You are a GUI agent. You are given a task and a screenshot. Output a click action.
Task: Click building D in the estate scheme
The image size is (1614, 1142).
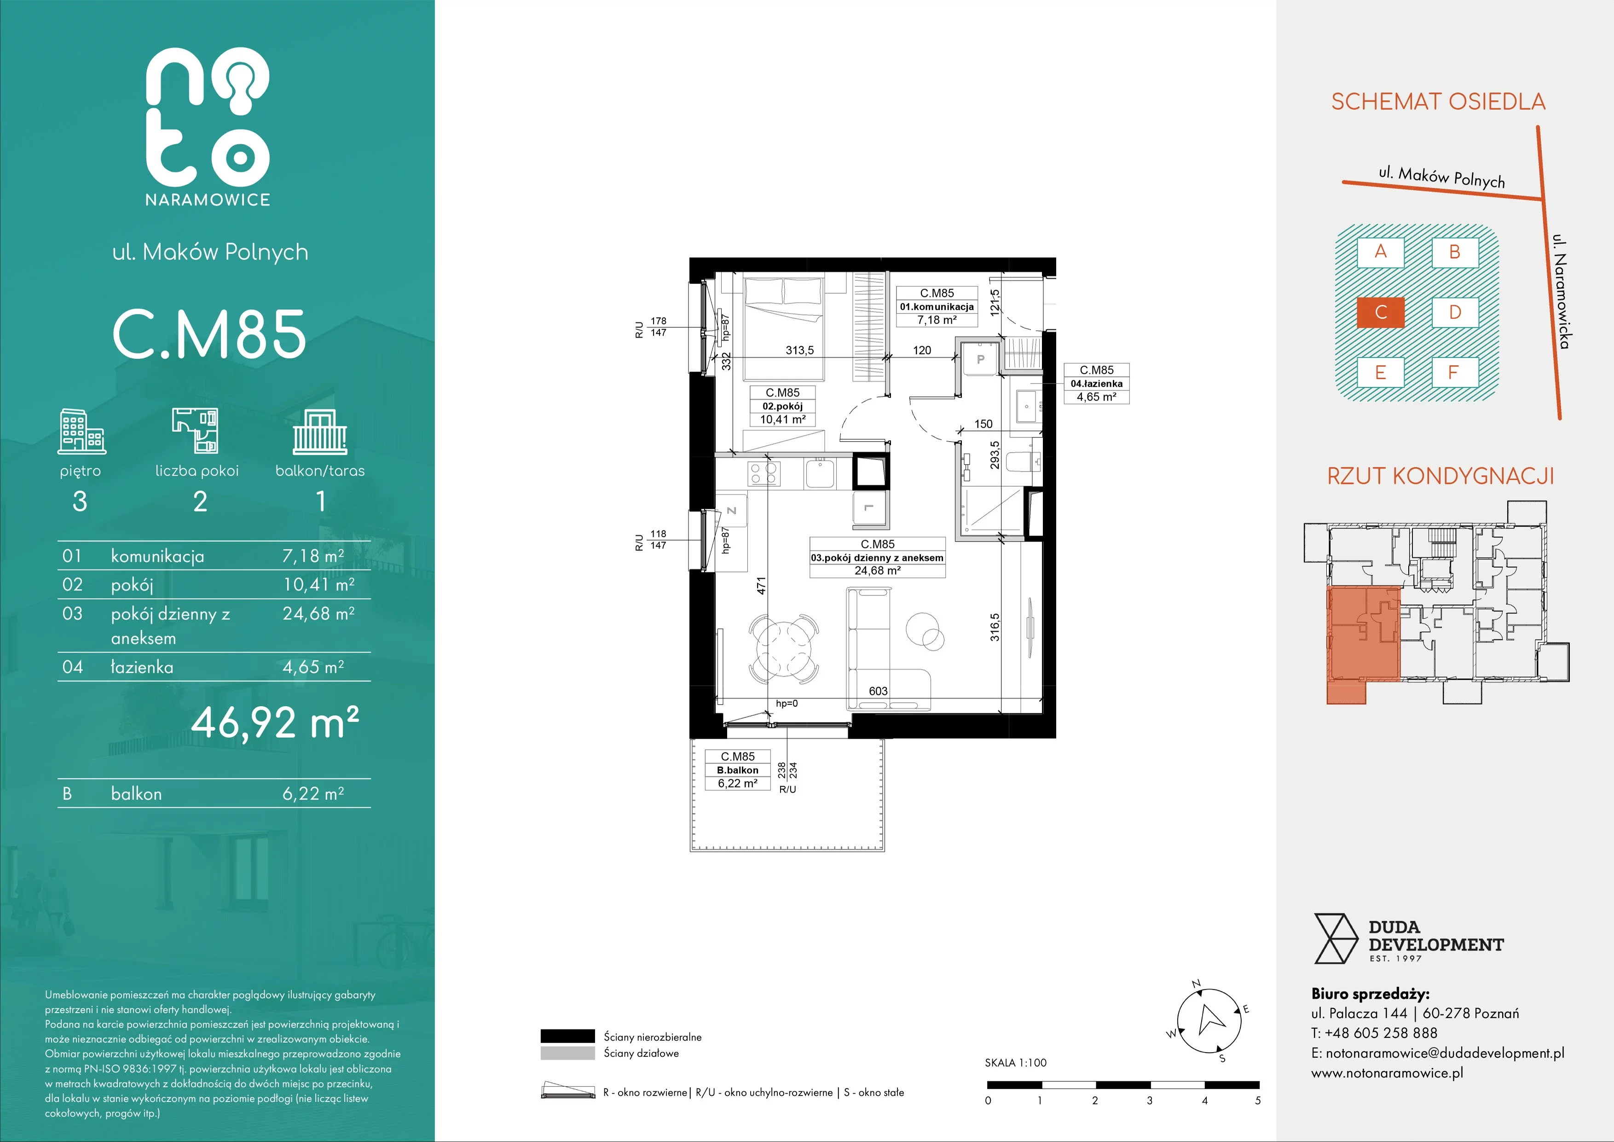[1455, 312]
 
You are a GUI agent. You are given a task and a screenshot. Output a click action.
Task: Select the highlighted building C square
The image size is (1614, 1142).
[1381, 312]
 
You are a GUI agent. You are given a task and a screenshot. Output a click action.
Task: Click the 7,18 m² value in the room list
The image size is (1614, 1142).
[313, 556]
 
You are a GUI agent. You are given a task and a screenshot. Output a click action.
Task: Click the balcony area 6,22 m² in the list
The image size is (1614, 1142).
[313, 794]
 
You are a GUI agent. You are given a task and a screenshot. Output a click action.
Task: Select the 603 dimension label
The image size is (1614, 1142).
[878, 691]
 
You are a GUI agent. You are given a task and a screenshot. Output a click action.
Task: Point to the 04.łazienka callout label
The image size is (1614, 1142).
[1097, 383]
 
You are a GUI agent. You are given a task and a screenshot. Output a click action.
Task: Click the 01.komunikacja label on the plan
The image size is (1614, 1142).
[937, 307]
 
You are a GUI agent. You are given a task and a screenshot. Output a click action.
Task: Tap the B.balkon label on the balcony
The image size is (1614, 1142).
[737, 770]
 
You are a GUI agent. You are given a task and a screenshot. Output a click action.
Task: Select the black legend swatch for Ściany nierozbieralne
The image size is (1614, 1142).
[567, 1036]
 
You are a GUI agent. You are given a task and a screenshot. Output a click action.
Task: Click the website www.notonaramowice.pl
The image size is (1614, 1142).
[1387, 1073]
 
